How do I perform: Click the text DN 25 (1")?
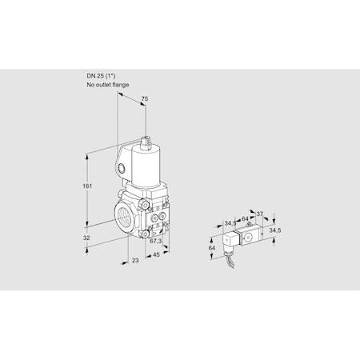point(101,76)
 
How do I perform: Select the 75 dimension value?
point(144,98)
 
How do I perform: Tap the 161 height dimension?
point(87,186)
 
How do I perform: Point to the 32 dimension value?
point(86,238)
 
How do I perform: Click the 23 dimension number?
point(135,260)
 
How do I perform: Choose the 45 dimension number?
point(156,255)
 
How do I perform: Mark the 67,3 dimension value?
point(155,241)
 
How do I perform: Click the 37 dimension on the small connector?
point(259,214)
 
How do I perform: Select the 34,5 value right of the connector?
point(274,230)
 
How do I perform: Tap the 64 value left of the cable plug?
point(211,248)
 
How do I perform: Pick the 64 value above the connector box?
point(245,219)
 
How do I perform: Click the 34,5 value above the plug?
point(230,223)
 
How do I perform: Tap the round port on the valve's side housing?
point(122,168)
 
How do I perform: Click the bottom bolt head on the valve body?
point(145,234)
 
